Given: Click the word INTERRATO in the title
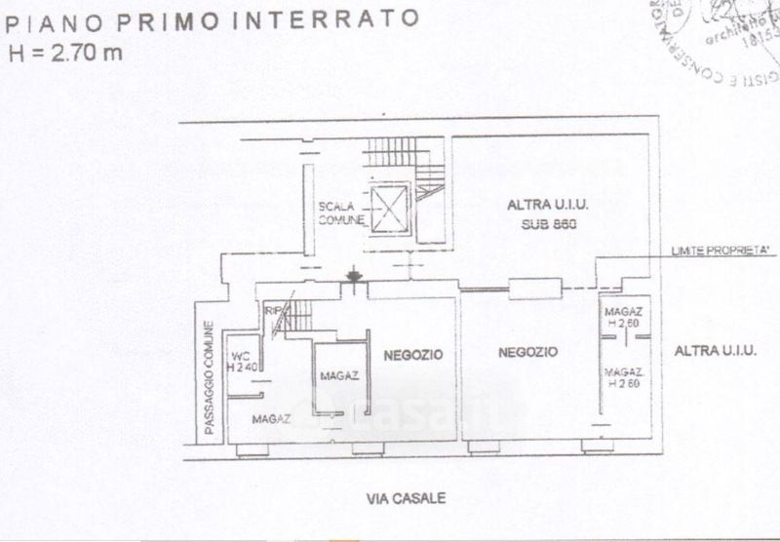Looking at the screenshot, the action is point(361,19).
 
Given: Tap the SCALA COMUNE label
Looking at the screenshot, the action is point(340,213).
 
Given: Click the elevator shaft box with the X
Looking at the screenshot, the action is point(388,208).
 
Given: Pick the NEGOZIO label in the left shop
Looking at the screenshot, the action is point(412,355).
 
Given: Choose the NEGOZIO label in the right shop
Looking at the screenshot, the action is point(526,352).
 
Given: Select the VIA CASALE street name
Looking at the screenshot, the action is point(407,498).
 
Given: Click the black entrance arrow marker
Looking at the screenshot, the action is point(354,279).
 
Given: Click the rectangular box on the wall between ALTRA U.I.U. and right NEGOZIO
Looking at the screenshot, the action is point(535,287).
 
